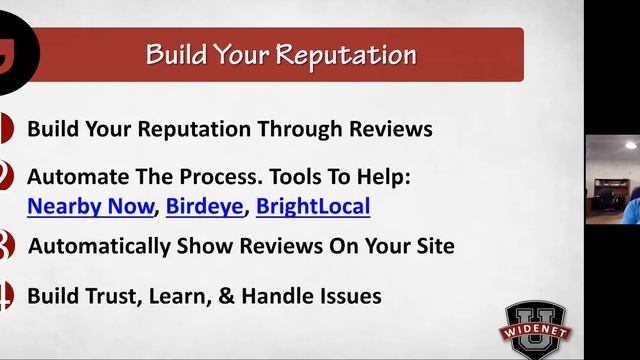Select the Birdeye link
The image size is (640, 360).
205,207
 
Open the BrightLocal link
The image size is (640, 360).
313,207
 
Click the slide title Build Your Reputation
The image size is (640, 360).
281,54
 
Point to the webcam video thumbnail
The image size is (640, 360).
612,179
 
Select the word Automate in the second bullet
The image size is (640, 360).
72,177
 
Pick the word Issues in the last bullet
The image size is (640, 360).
349,296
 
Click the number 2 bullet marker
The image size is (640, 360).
4,178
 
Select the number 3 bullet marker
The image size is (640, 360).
4,246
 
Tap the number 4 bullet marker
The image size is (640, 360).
4,296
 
